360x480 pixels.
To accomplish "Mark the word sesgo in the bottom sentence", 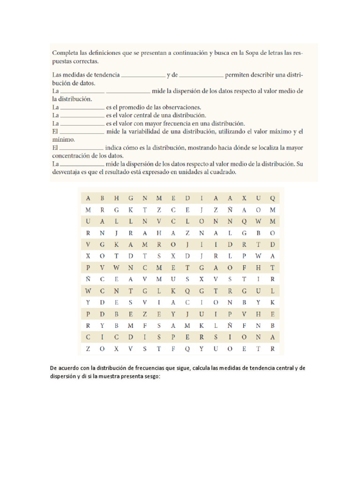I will tap(151, 376).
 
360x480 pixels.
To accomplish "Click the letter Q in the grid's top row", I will tap(272, 198).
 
